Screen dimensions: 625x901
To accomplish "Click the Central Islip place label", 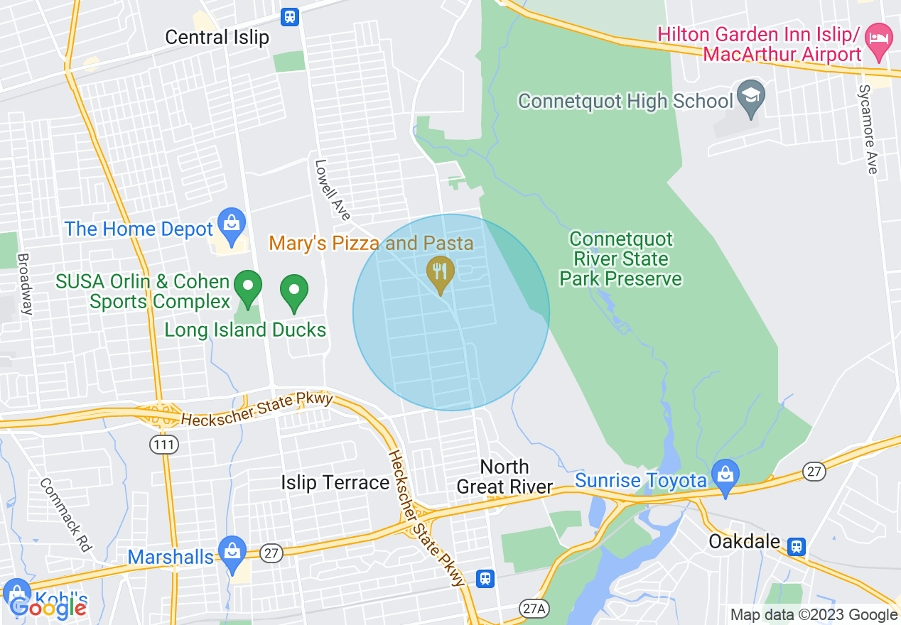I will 217,37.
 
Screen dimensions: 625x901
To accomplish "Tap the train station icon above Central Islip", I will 289,16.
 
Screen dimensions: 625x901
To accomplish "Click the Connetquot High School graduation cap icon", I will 750,100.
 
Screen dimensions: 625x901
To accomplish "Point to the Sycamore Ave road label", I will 868,129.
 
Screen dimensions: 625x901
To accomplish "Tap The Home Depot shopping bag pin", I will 231,224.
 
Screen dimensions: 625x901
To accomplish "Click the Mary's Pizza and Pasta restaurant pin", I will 441,274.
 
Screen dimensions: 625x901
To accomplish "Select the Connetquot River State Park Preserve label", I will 620,259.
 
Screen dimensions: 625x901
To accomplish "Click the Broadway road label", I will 24,284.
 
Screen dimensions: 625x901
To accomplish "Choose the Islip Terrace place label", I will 335,483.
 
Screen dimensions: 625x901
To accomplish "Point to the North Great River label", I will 505,477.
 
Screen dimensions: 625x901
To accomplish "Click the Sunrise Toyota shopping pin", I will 725,477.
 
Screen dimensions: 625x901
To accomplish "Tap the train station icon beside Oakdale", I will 797,545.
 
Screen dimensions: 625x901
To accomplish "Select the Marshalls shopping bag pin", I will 232,553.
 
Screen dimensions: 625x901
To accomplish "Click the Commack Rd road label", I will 66,514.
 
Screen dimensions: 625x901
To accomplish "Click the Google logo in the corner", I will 47,607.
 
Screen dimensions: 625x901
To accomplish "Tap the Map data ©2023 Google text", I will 814,615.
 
